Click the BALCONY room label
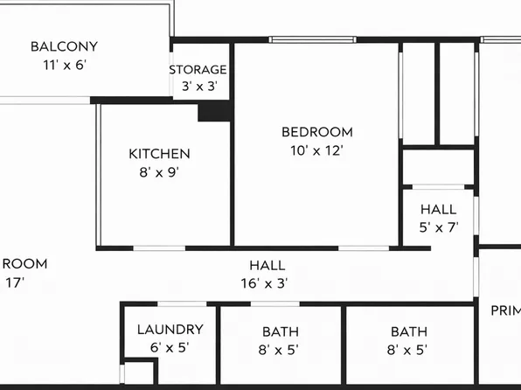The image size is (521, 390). pyautogui.click(x=64, y=46)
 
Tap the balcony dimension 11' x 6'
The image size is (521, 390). pyautogui.click(x=64, y=65)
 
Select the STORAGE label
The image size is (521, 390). pyautogui.click(x=198, y=69)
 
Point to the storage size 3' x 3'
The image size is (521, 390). pyautogui.click(x=198, y=87)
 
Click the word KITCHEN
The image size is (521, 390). pyautogui.click(x=159, y=154)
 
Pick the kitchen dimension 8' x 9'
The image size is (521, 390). pyautogui.click(x=159, y=172)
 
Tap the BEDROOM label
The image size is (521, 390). pyautogui.click(x=316, y=132)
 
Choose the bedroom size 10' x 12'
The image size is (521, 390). pyautogui.click(x=316, y=150)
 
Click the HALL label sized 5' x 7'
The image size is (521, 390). pyautogui.click(x=438, y=210)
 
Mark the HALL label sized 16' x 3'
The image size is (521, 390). pyautogui.click(x=267, y=265)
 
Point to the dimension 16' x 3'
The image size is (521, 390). pyautogui.click(x=265, y=283)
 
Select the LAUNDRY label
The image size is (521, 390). pyautogui.click(x=170, y=330)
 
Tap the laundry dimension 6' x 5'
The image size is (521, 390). pyautogui.click(x=170, y=347)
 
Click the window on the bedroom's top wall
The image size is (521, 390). pyautogui.click(x=312, y=39)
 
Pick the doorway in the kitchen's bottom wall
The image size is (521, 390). pyautogui.click(x=158, y=248)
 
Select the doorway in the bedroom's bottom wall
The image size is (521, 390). pyautogui.click(x=364, y=248)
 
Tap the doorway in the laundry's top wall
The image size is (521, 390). pyautogui.click(x=183, y=303)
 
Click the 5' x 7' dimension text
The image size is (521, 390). pyautogui.click(x=438, y=227)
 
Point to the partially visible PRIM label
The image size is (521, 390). pyautogui.click(x=504, y=310)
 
